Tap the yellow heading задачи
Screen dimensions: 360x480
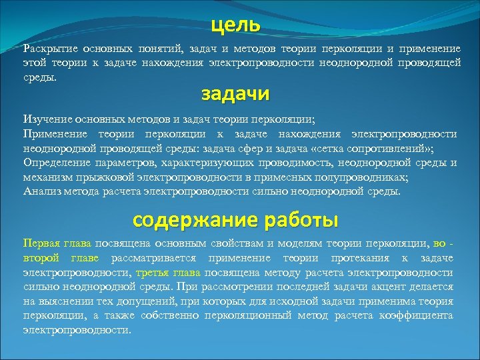click(x=235, y=94)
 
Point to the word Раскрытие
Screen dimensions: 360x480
click(x=51, y=49)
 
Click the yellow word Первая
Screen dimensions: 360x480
click(x=41, y=243)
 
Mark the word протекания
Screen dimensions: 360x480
click(x=357, y=258)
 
